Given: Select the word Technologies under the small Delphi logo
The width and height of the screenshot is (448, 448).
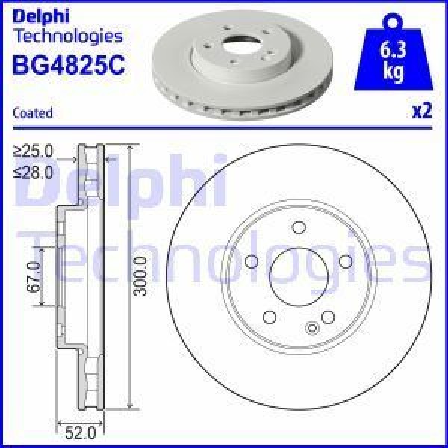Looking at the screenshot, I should point(68,35).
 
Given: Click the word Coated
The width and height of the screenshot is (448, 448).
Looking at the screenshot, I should point(33,113).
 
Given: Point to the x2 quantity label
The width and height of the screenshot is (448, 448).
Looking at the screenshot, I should point(422,112).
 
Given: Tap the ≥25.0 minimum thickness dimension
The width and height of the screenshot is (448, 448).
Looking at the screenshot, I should point(34,151).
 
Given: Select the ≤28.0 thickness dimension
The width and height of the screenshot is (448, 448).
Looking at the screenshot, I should point(34,172).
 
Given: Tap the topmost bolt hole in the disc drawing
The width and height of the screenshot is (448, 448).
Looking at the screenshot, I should point(299,228).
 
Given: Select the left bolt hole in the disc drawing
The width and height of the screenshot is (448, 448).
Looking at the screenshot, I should point(252,261).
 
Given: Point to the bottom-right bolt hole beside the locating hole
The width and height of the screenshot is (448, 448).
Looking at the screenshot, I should point(327,315).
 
